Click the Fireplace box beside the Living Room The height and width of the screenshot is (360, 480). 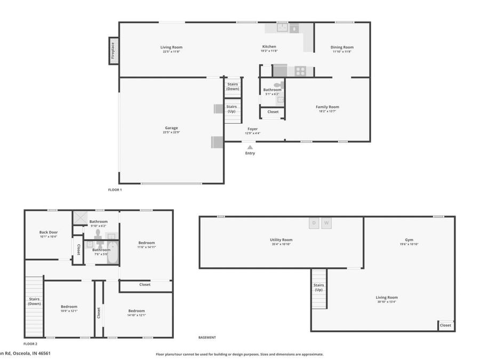click(x=113, y=51)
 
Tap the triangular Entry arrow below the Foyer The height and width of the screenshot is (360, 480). click(x=250, y=147)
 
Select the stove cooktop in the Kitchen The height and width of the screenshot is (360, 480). click(x=300, y=70)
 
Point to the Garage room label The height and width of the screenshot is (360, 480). click(x=171, y=128)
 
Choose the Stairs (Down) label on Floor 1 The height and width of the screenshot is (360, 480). click(x=233, y=86)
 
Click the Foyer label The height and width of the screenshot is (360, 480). click(x=253, y=129)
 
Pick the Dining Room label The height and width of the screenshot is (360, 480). click(x=342, y=47)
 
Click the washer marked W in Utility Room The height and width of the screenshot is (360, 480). click(x=326, y=223)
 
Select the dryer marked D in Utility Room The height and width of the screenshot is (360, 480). click(x=314, y=223)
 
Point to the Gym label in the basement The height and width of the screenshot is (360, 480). click(x=409, y=240)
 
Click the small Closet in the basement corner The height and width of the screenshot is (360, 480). click(x=445, y=325)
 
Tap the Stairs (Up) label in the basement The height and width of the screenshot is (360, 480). click(x=318, y=287)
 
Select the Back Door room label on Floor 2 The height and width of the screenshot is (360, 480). click(x=48, y=232)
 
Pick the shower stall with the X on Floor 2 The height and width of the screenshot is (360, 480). click(x=79, y=218)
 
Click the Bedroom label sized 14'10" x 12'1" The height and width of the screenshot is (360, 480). click(x=137, y=311)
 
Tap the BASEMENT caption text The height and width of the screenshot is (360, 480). click(x=207, y=338)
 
